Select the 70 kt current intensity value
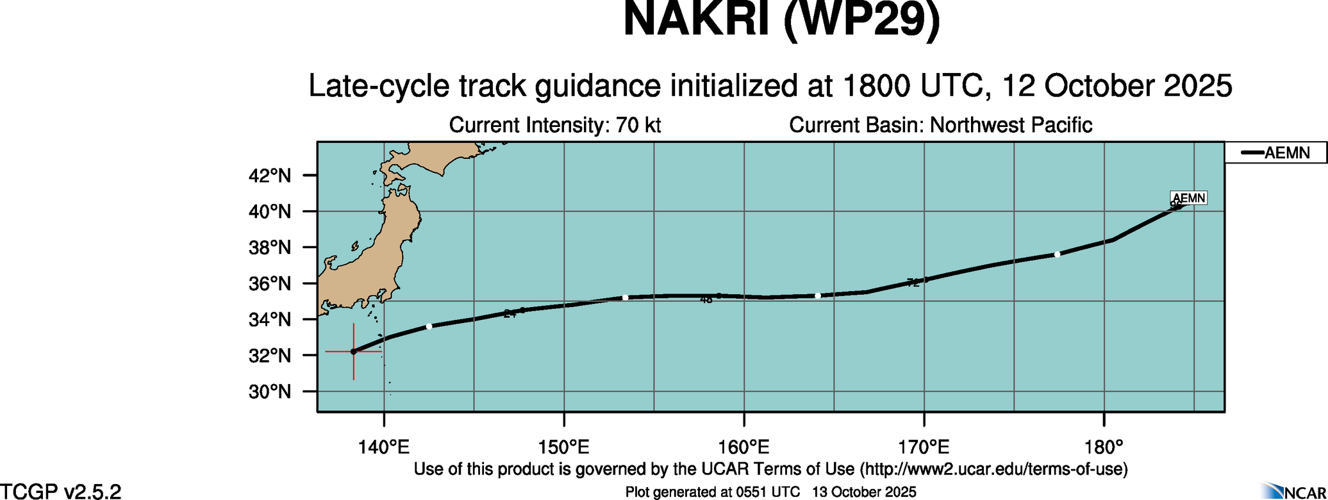638,125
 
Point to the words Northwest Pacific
1011,125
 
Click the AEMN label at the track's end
1189,198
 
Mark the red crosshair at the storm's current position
353,351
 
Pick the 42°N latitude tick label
269,175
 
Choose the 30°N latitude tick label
269,391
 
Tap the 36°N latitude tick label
269,283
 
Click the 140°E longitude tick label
384,446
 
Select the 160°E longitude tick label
744,446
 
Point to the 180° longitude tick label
1104,446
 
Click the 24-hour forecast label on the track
510,313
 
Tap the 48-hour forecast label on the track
706,299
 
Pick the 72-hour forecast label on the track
913,283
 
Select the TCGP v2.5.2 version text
61,492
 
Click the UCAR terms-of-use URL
993,469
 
